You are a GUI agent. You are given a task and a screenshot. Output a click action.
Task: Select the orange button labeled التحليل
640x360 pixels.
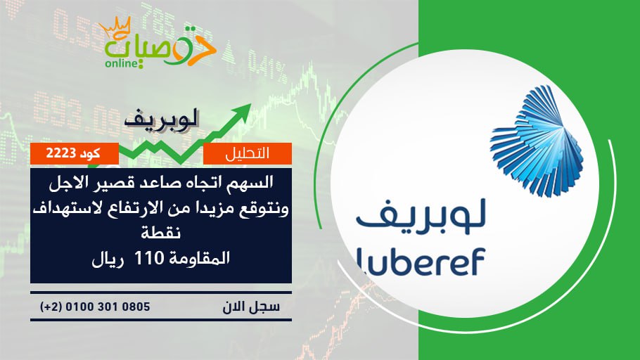coord(248,153)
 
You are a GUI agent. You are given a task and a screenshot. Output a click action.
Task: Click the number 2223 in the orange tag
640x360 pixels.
coord(60,153)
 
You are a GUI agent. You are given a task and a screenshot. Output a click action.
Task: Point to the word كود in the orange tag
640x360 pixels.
coord(90,153)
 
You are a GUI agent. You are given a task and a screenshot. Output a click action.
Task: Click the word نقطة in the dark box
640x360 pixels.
coord(161,233)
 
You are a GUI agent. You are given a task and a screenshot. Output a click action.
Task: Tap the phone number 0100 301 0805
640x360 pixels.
coord(108,307)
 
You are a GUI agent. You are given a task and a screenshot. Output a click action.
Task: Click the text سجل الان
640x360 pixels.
coord(251,307)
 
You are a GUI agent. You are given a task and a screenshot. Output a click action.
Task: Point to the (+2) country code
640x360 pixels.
coord(51,307)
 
